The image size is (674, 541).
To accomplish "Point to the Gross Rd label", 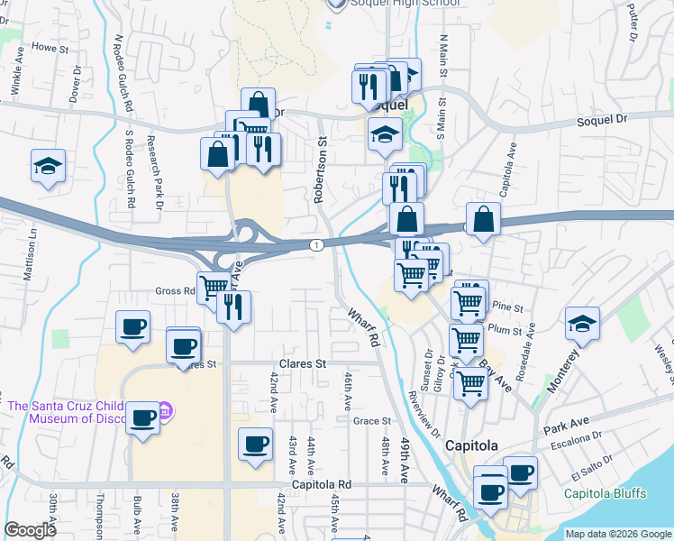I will [175, 291].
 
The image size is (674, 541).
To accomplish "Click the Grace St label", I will [372, 421].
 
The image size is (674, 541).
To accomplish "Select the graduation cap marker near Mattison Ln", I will [48, 166].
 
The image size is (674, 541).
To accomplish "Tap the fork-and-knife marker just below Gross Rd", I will [234, 307].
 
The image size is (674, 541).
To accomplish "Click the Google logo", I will [31, 531].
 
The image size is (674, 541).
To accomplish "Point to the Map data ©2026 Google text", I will [618, 534].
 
